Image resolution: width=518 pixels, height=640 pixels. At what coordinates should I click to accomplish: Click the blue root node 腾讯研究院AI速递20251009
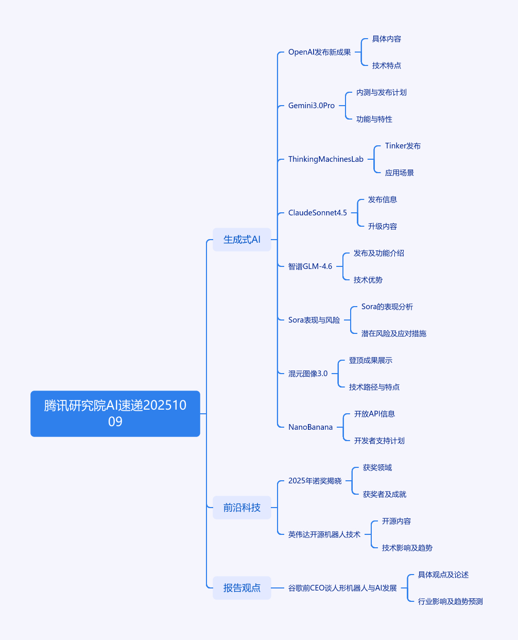(115, 413)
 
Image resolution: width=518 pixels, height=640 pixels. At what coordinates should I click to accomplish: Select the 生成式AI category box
(241, 240)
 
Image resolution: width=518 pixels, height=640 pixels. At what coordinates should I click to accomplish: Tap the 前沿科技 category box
(241, 508)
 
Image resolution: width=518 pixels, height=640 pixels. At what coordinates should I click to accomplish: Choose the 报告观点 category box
(241, 588)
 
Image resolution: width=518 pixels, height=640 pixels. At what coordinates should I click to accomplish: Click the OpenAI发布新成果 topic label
(319, 52)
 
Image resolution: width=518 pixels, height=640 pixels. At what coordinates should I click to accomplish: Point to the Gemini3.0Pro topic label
(311, 106)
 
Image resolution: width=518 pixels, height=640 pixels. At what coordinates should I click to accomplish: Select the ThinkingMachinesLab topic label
(325, 159)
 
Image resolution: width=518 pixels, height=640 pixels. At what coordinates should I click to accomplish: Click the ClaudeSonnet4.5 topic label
(317, 213)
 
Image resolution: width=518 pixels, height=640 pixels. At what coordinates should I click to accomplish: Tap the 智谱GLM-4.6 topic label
(310, 266)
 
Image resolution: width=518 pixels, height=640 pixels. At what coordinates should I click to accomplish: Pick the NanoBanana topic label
(310, 427)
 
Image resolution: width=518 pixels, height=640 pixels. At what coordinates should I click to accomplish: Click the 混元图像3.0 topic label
(307, 374)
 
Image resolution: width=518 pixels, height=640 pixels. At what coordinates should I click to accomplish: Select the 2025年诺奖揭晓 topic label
(315, 481)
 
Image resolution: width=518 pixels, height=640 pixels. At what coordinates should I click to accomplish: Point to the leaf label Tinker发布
(403, 146)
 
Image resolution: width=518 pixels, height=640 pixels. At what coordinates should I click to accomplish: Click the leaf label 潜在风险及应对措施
(393, 333)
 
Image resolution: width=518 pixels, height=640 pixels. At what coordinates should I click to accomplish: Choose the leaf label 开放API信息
(374, 414)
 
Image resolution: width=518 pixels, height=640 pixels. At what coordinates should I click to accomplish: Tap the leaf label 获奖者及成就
(384, 494)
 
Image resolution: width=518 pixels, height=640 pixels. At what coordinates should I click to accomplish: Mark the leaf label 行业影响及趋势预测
(450, 601)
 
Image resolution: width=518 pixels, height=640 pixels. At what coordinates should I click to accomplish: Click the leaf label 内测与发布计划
(381, 92)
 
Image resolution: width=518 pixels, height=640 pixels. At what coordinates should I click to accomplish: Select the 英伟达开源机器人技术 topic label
(324, 534)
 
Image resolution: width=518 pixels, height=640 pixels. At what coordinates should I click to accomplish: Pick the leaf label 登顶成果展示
(370, 360)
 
